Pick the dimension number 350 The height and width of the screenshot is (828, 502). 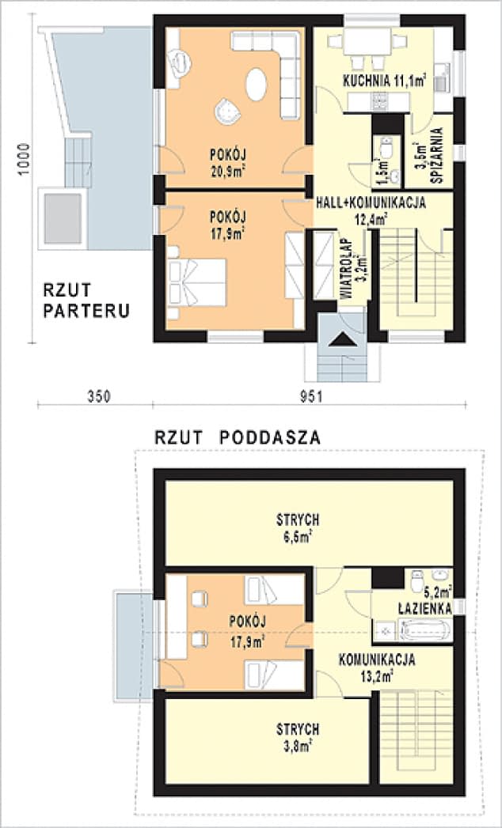pyautogui.click(x=95, y=395)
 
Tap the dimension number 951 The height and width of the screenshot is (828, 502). pyautogui.click(x=310, y=395)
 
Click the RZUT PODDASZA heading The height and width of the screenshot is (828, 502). pyautogui.click(x=238, y=436)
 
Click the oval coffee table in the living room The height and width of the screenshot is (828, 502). pyautogui.click(x=257, y=85)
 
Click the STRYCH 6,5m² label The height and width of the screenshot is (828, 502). pyautogui.click(x=298, y=527)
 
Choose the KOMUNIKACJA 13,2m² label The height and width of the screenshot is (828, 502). pyautogui.click(x=377, y=666)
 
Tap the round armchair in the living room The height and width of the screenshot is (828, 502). pyautogui.click(x=228, y=113)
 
